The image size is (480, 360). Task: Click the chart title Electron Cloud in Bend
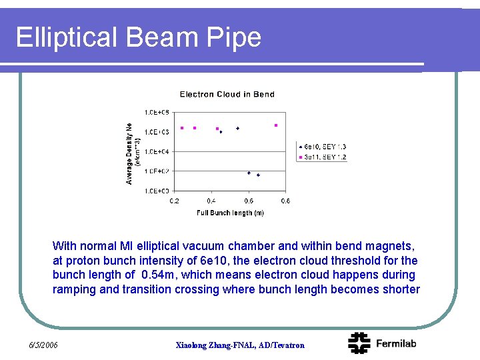click(x=227, y=94)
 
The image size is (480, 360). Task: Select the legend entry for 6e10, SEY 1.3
click(x=324, y=147)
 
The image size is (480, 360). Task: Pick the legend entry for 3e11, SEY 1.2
click(x=324, y=157)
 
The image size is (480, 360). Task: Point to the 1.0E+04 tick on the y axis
click(x=157, y=151)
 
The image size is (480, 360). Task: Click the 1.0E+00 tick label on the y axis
click(x=157, y=191)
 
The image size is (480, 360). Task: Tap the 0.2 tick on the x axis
click(x=174, y=201)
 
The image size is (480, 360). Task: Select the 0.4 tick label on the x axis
click(x=211, y=201)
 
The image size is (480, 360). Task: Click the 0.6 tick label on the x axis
click(x=249, y=201)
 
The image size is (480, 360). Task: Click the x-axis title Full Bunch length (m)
click(x=230, y=213)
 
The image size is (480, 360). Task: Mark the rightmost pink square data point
click(x=276, y=125)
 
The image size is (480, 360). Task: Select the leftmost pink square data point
click(x=182, y=128)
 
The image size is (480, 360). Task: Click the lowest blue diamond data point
click(x=258, y=175)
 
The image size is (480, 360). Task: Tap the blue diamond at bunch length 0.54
click(x=237, y=128)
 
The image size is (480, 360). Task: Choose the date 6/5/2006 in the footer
click(x=44, y=345)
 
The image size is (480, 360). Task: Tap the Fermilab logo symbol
click(x=359, y=343)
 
